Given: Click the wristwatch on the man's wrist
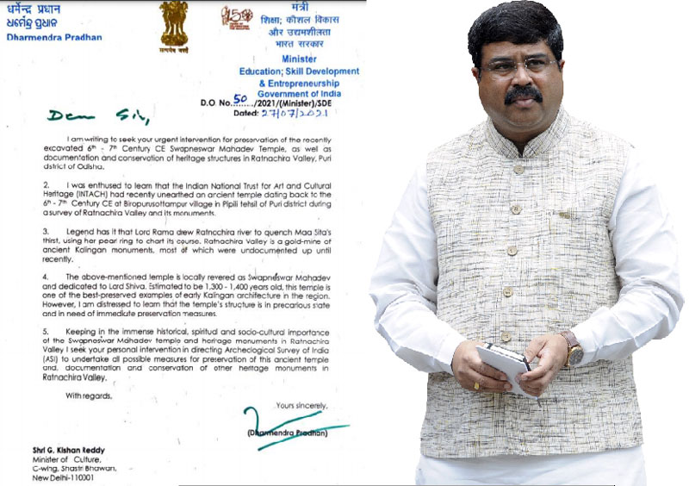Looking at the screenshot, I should pyautogui.click(x=572, y=350).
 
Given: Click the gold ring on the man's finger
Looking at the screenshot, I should pyautogui.click(x=476, y=385).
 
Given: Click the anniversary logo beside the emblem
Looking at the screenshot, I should pyautogui.click(x=233, y=18).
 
